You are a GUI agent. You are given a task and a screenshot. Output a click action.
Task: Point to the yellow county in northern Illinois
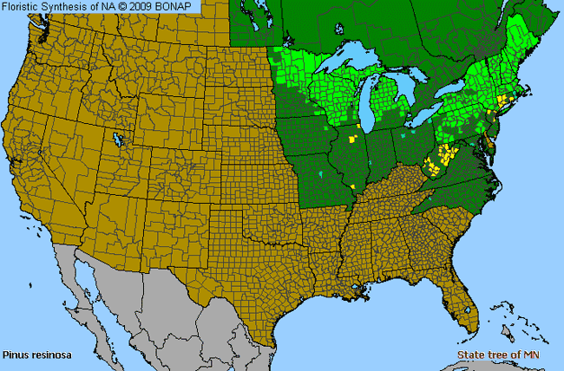point(351,138)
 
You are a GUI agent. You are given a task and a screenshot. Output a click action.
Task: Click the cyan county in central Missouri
point(321,174)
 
